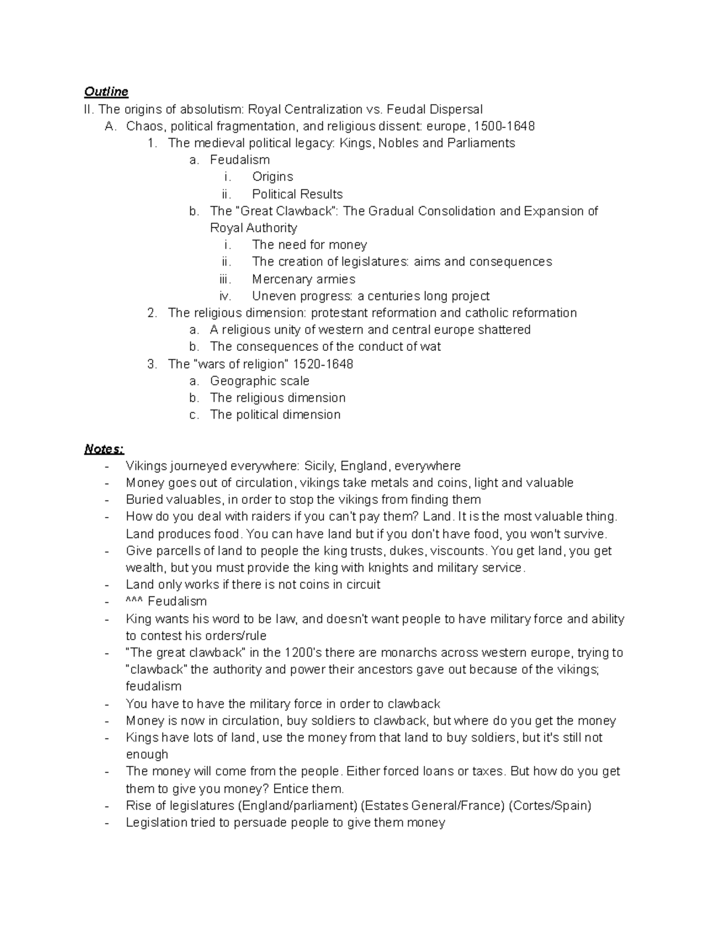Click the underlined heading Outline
coord(106,92)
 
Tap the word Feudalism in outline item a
coord(240,160)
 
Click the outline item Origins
coord(272,177)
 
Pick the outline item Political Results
coord(297,194)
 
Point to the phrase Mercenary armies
coord(303,279)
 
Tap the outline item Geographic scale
coord(259,381)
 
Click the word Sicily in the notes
coord(320,466)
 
